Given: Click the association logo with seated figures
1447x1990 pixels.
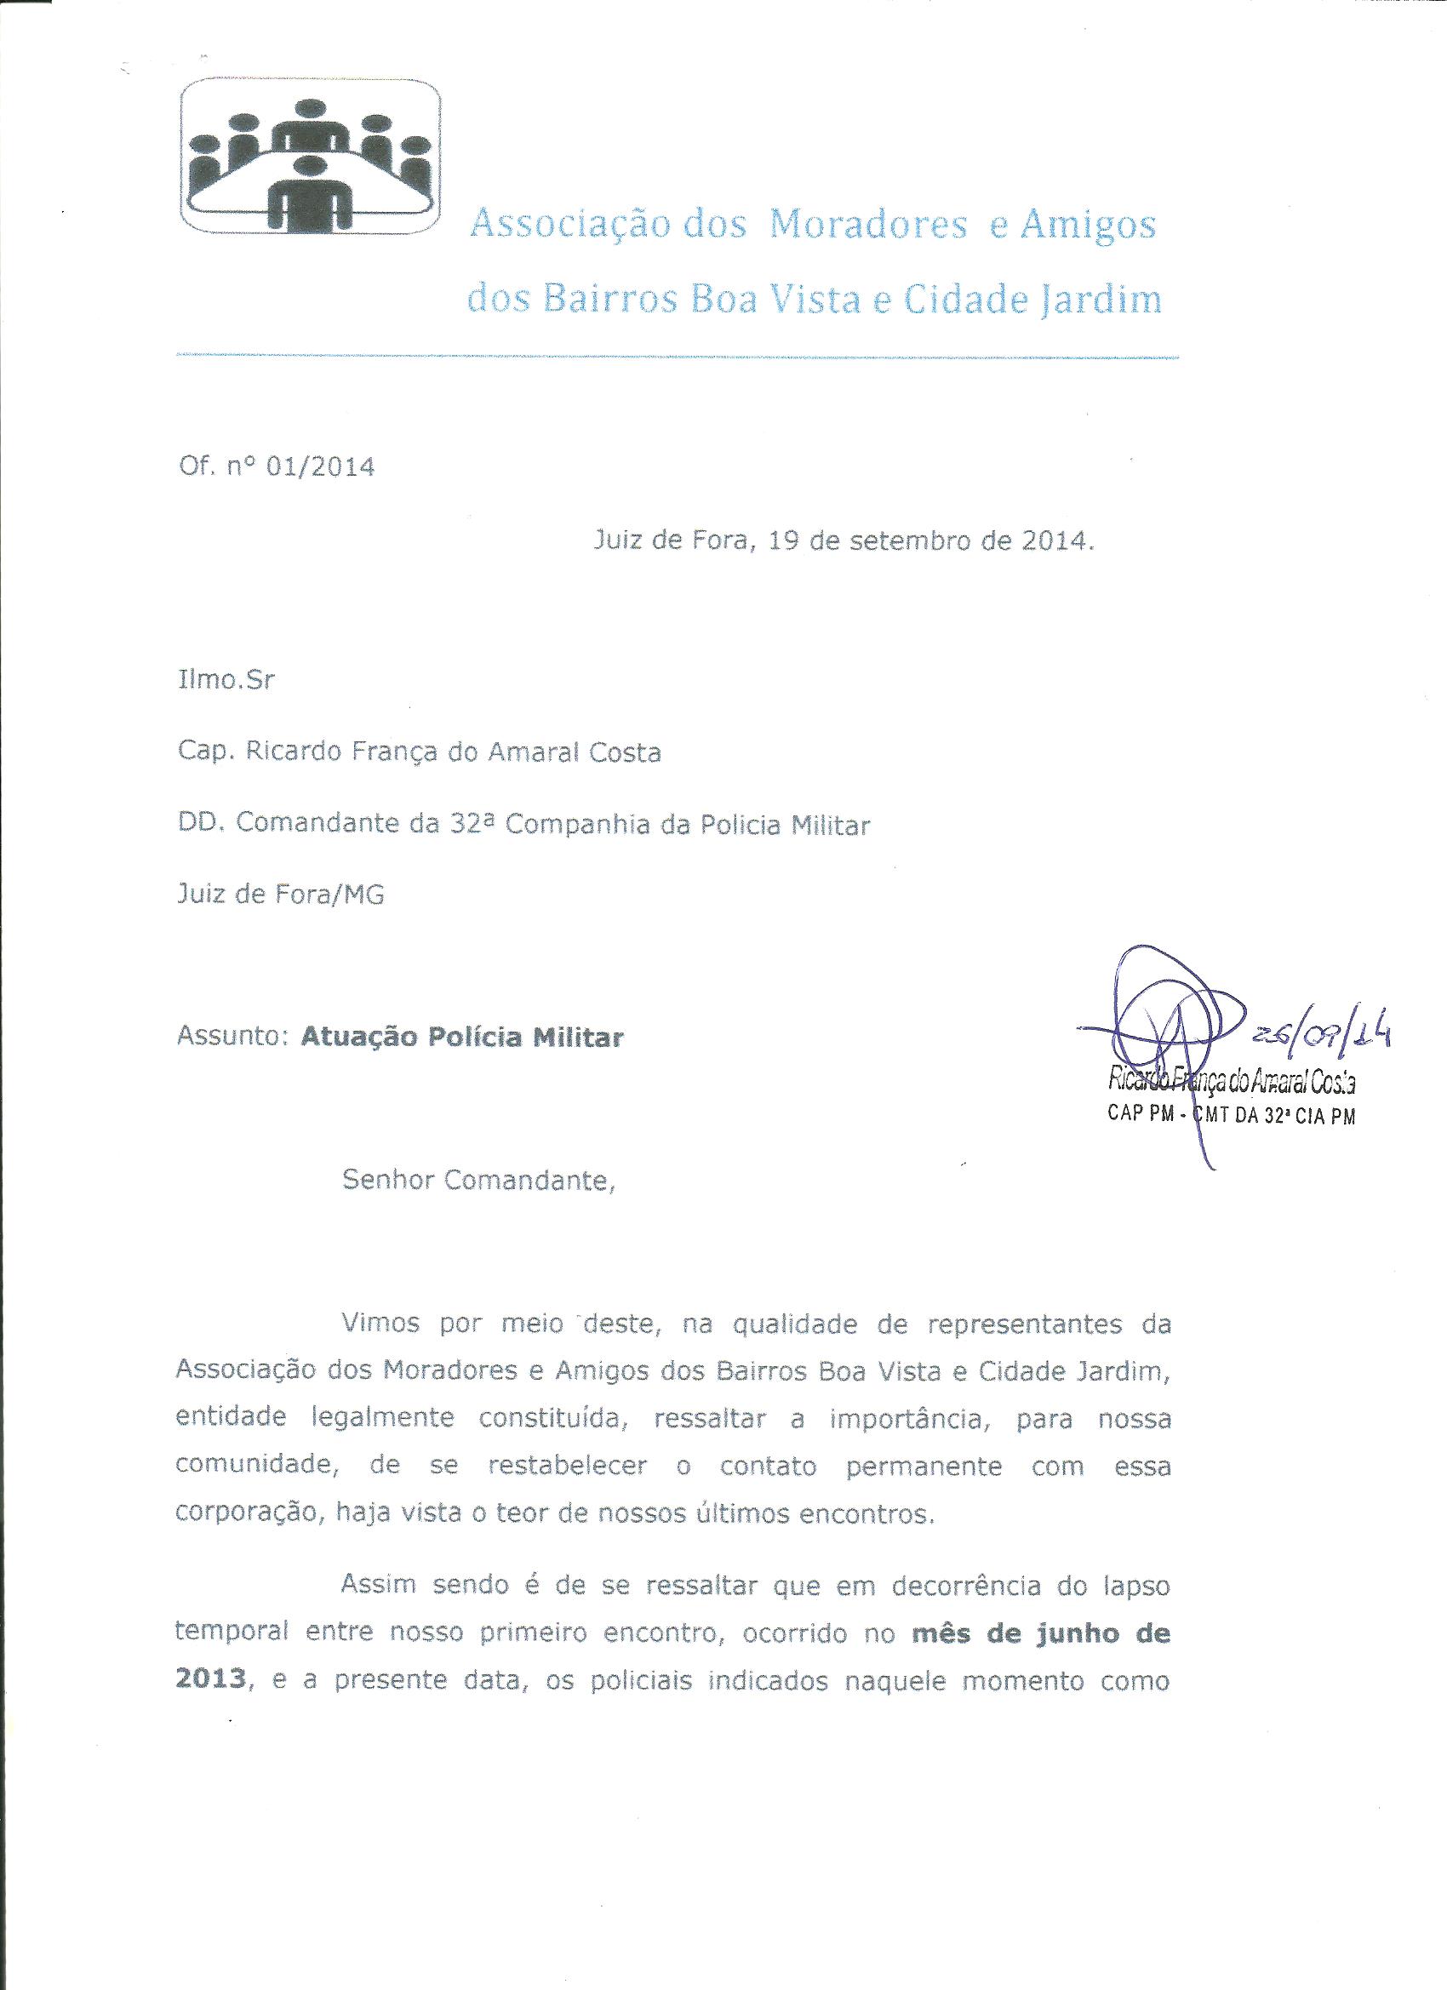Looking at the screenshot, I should [x=310, y=159].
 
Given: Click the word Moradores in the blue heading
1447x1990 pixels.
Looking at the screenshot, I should [x=868, y=226].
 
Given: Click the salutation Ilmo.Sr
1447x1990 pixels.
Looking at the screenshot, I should [x=226, y=680].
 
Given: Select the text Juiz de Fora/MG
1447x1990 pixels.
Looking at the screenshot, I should [x=281, y=895].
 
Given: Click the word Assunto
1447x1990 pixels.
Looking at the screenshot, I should [x=232, y=1037].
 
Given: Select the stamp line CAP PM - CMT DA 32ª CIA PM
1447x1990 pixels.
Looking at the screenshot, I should [x=1232, y=1119].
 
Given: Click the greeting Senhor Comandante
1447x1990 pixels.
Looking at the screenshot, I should [x=479, y=1181].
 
